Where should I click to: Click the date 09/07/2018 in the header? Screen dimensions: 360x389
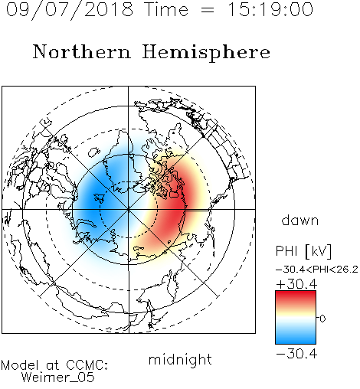coord(70,10)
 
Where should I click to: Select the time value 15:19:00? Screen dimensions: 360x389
coord(270,9)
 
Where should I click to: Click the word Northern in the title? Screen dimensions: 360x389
coord(82,51)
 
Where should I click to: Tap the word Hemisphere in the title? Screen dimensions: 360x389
coord(206,53)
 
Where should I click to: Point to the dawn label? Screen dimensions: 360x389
coord(300,220)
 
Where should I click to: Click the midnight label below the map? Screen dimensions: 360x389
coord(180,359)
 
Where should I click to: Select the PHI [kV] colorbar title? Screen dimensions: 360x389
coord(303,251)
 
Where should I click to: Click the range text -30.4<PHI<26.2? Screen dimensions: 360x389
coord(317,270)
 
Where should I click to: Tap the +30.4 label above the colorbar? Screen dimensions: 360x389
coord(296,284)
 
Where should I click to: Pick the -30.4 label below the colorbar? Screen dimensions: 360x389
coord(296,354)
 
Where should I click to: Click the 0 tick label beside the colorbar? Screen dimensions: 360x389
coord(322,319)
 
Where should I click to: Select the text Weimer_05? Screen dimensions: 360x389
coord(58,378)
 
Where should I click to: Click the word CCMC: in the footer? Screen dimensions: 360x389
coord(87,365)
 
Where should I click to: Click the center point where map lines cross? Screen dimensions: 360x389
coord(129,209)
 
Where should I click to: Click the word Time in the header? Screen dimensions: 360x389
coord(166,9)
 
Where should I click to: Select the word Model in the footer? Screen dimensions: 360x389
coord(20,365)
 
